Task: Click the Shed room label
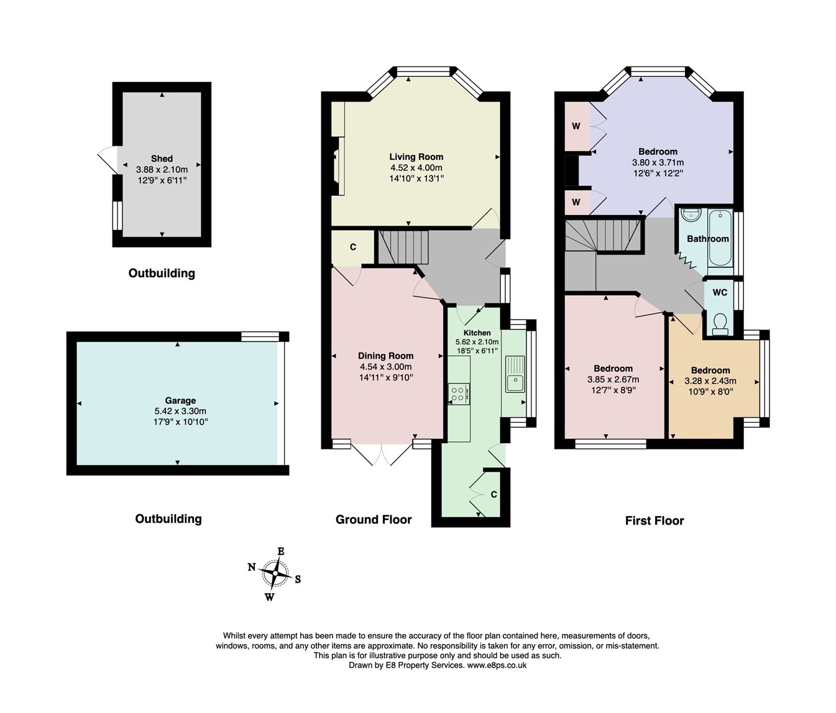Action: click(162, 159)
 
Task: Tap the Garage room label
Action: click(180, 400)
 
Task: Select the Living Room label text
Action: click(416, 157)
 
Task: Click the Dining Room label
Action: click(385, 356)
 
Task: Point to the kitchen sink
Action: click(515, 374)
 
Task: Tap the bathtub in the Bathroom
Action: click(720, 238)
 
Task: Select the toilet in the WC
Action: click(720, 324)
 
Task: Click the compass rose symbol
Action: click(274, 573)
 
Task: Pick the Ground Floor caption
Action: click(374, 520)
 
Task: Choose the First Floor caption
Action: click(654, 521)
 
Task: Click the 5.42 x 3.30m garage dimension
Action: click(180, 411)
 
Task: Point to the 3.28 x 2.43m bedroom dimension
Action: click(710, 381)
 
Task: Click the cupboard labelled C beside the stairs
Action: click(353, 247)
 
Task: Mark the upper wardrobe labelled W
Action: click(576, 126)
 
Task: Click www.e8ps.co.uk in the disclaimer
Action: click(497, 665)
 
